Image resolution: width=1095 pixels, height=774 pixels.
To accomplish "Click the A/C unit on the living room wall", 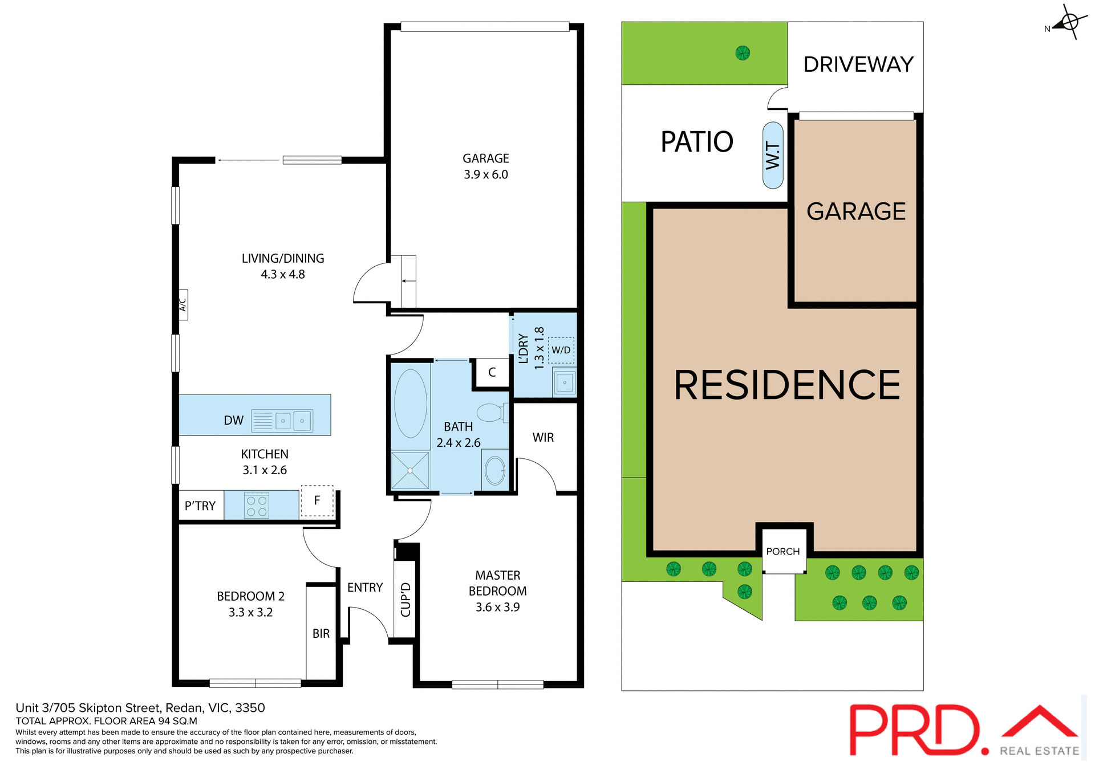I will pyautogui.click(x=183, y=304).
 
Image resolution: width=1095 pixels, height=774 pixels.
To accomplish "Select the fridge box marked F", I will pyautogui.click(x=317, y=500).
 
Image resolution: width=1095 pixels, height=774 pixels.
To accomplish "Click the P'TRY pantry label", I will pyautogui.click(x=200, y=506).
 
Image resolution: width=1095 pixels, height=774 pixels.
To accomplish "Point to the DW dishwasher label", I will pyautogui.click(x=233, y=421).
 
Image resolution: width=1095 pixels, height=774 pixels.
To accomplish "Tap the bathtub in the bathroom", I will pyautogui.click(x=411, y=403).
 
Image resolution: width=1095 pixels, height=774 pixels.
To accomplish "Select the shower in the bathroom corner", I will pyautogui.click(x=410, y=470).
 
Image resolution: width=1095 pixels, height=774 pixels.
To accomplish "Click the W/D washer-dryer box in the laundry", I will pyautogui.click(x=561, y=350).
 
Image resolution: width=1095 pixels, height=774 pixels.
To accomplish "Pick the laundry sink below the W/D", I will pyautogui.click(x=564, y=382).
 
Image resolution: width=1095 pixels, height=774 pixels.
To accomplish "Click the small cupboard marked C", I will pyautogui.click(x=492, y=372).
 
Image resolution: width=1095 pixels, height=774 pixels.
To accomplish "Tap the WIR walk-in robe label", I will pyautogui.click(x=543, y=438).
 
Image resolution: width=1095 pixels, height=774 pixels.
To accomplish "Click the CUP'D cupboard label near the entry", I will pyautogui.click(x=405, y=600).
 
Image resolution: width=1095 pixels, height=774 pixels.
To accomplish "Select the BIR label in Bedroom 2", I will pyautogui.click(x=321, y=634).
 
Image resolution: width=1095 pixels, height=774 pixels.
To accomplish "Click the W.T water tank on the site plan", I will pyautogui.click(x=773, y=155).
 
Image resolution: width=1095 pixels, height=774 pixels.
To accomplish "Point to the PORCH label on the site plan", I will pyautogui.click(x=782, y=552).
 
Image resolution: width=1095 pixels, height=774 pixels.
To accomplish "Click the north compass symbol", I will pyautogui.click(x=1069, y=23).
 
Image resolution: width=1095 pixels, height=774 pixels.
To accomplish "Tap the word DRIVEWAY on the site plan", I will pyautogui.click(x=858, y=64).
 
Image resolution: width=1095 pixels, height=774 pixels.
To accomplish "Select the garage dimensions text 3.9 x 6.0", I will pyautogui.click(x=486, y=174).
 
